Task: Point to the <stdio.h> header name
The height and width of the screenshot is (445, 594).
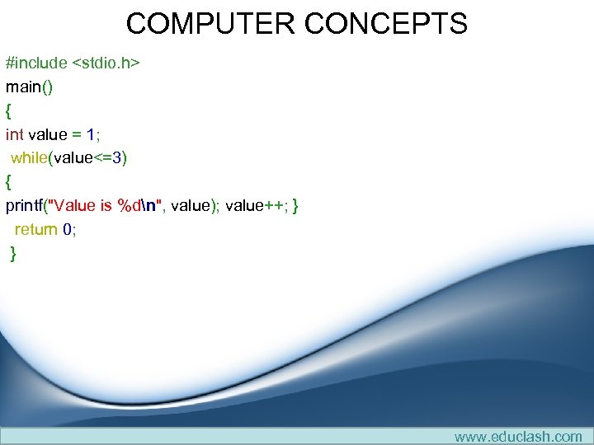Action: pos(106,63)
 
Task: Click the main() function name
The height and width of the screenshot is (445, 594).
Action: pos(29,87)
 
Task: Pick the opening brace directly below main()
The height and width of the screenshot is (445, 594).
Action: pos(9,110)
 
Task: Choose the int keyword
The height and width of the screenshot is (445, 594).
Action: pos(15,134)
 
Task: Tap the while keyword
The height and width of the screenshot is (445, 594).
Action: pos(30,158)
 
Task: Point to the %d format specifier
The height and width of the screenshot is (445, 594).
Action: pos(130,206)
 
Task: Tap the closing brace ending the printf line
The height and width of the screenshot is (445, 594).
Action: pos(295,206)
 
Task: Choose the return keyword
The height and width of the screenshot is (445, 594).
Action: pos(35,230)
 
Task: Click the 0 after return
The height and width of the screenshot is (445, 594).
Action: pos(67,230)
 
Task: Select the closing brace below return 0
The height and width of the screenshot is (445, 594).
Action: pos(13,254)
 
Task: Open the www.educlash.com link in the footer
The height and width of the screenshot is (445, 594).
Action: pos(518,436)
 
